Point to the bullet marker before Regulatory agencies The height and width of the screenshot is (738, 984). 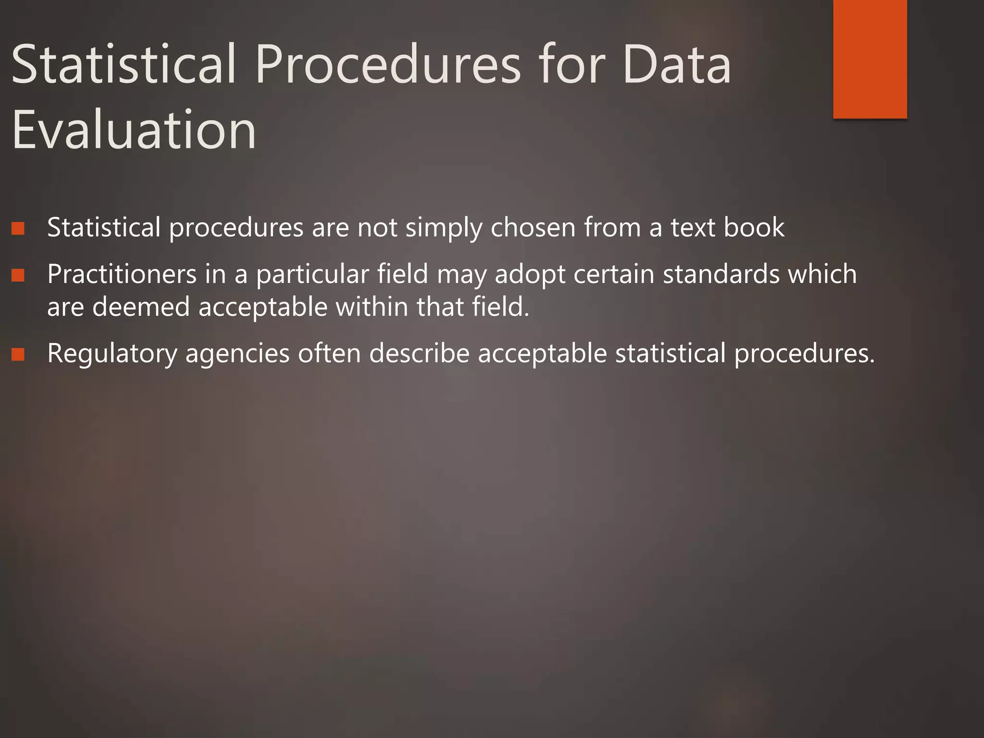18,355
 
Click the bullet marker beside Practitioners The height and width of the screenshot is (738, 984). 18,275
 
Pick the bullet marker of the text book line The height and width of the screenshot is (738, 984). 18,228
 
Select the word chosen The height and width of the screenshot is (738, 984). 533,227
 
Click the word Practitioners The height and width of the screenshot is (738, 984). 122,274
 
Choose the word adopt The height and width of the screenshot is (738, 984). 529,275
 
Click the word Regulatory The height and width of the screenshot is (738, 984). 112,354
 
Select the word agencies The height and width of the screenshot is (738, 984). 237,354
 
